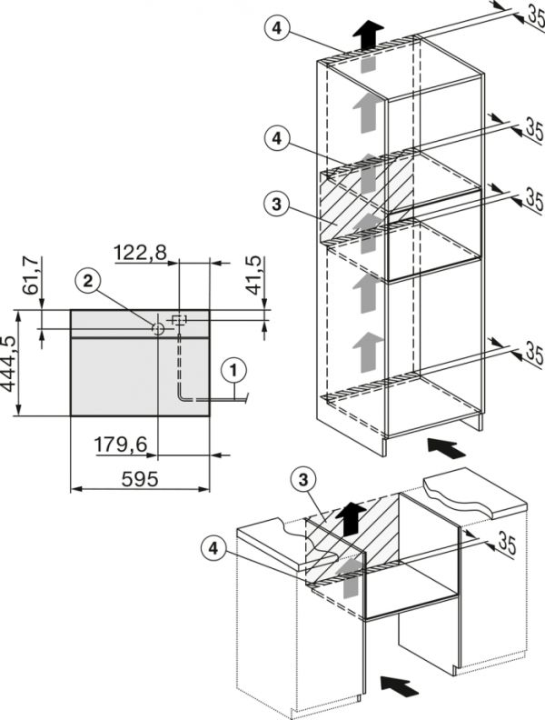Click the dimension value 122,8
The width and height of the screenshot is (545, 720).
(x=141, y=252)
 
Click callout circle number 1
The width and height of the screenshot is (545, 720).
(x=234, y=369)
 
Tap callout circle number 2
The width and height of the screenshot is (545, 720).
(x=87, y=282)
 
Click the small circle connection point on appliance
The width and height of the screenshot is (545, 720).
(x=159, y=328)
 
